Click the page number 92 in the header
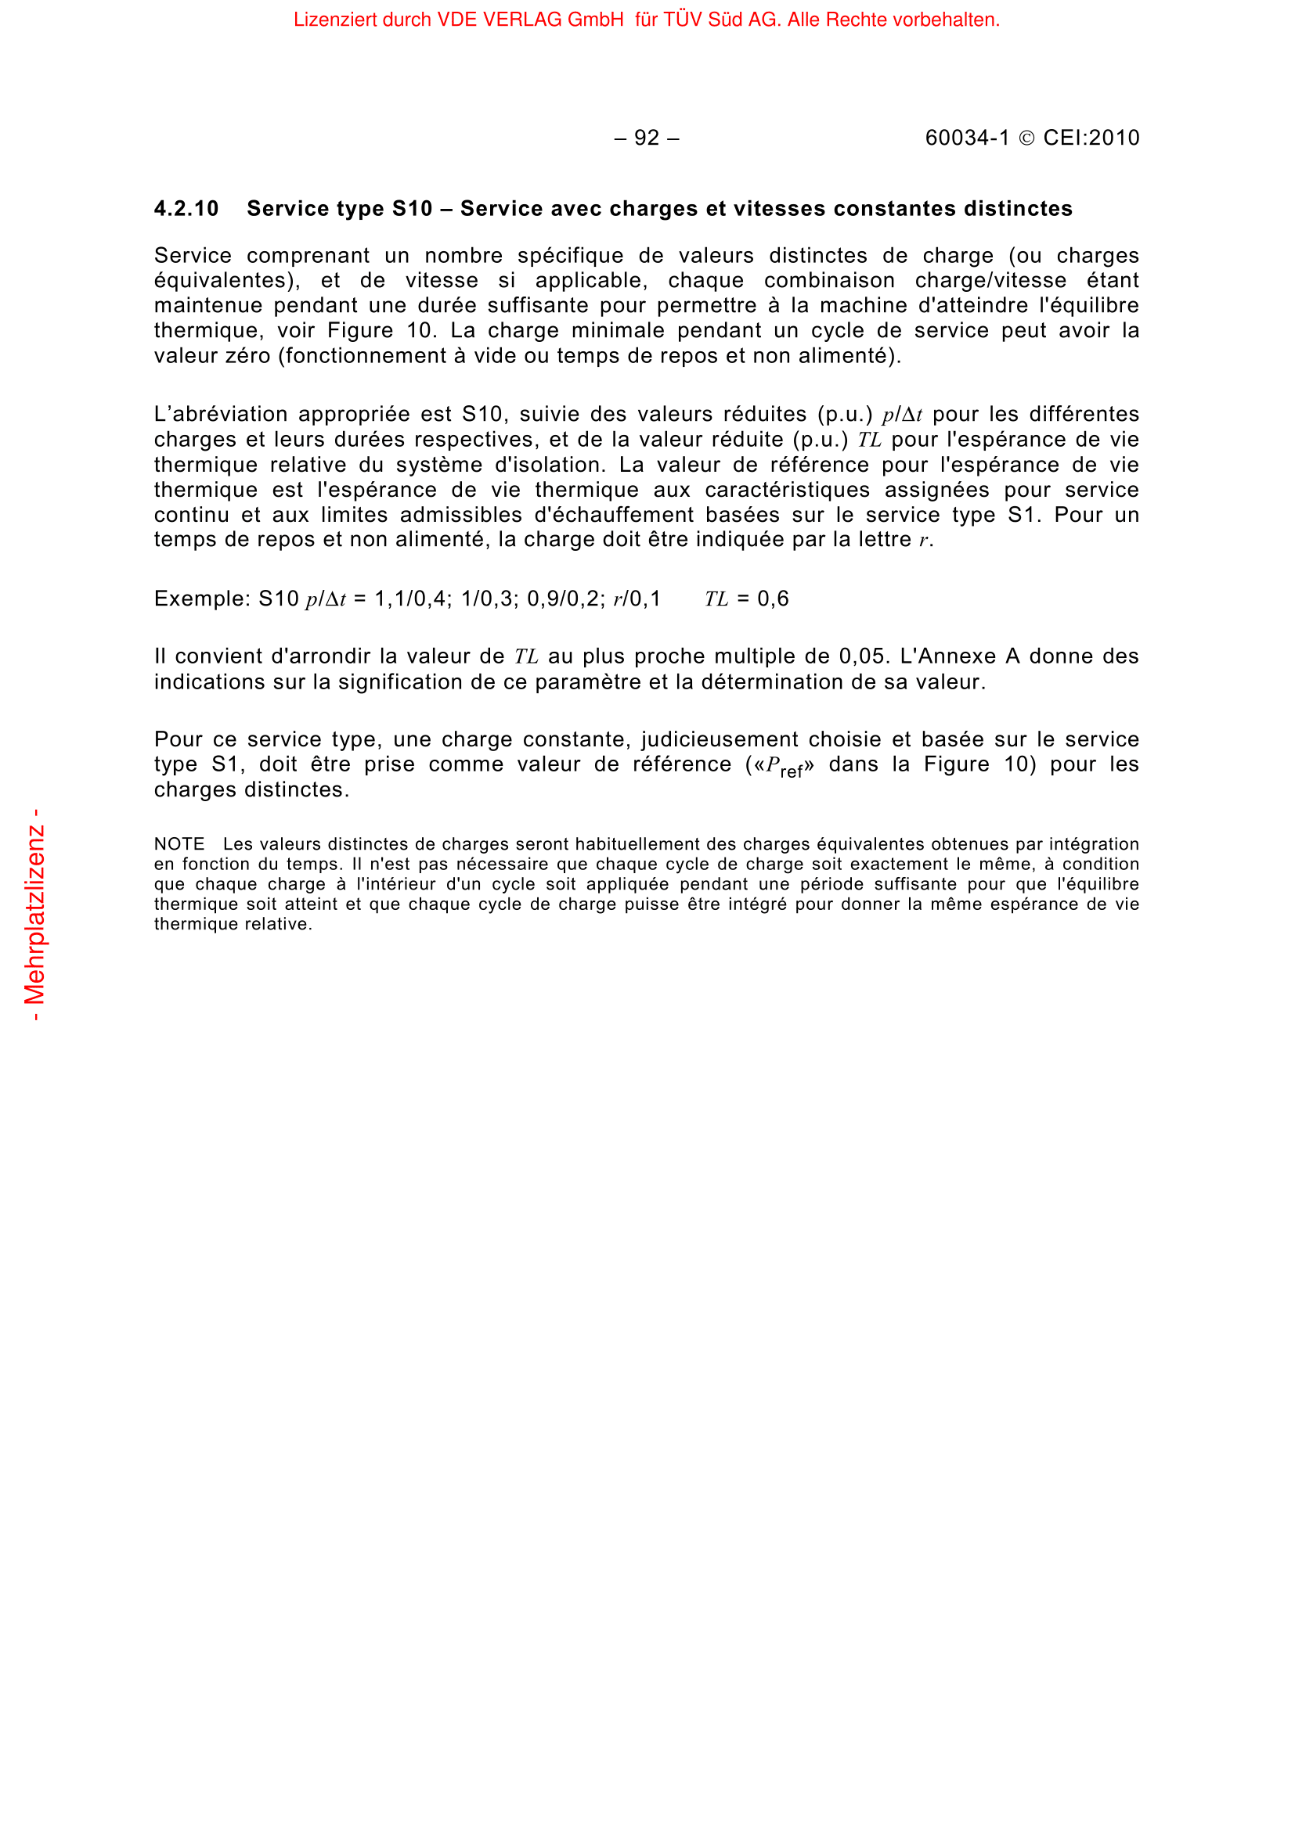647,138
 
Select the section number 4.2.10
186,209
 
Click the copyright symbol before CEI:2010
1027,138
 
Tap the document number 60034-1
966,138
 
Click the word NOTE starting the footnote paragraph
179,844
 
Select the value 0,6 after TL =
773,599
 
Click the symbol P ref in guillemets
784,766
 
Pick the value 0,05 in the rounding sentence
864,656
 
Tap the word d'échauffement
613,515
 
